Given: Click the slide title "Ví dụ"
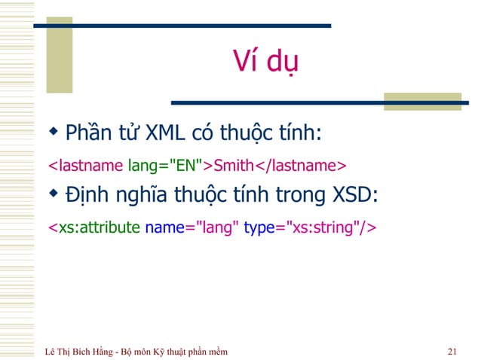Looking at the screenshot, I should (264, 60).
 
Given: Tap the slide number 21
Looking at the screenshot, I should (452, 351).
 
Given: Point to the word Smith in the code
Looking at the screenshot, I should (234, 165).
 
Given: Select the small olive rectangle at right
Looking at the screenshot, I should (406, 102).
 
